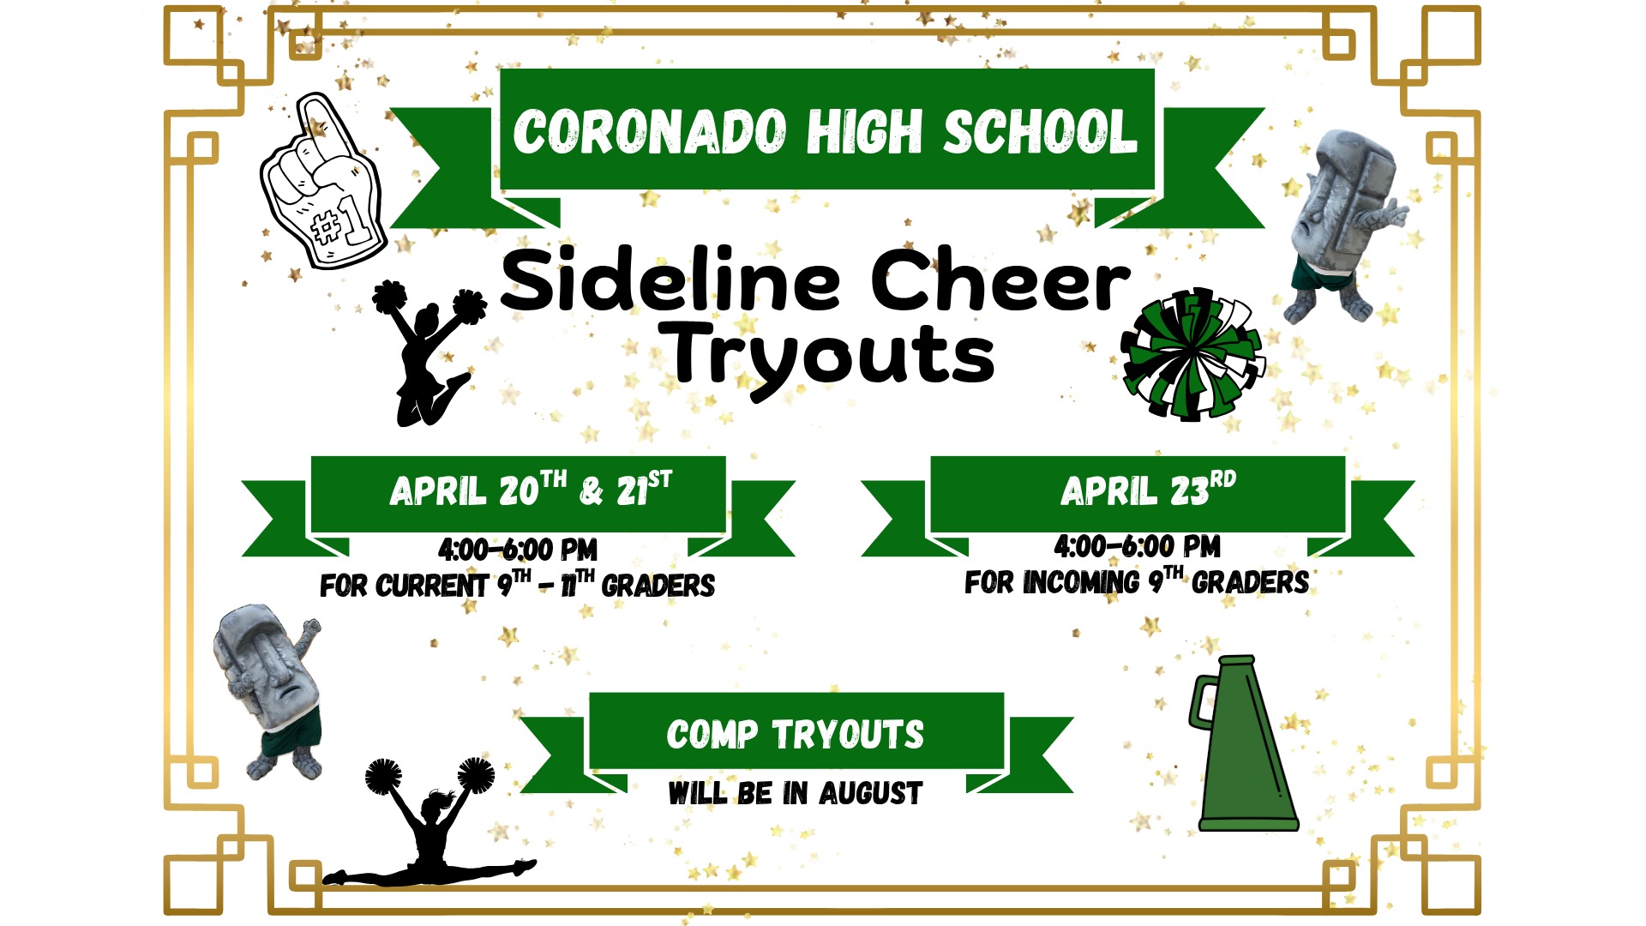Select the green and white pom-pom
point(1192,354)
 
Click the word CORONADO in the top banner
point(650,133)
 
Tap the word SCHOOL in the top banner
point(1041,132)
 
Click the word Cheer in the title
point(1001,280)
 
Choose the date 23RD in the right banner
point(1203,489)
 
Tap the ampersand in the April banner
point(592,491)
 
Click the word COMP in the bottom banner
point(712,735)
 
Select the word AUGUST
point(870,793)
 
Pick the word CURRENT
point(432,586)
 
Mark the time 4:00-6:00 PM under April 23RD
point(1138,546)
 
